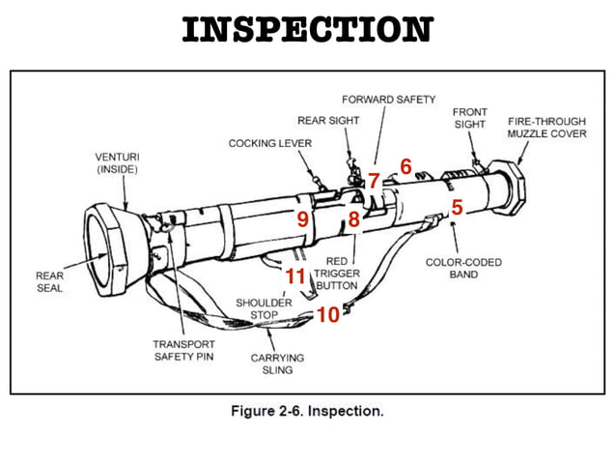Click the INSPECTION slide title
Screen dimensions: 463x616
tap(307, 29)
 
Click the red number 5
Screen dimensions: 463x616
tap(457, 207)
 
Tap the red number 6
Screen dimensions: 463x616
tap(406, 167)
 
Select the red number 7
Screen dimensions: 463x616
tap(374, 181)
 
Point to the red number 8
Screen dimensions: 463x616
tap(354, 219)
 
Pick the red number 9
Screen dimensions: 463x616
tap(302, 219)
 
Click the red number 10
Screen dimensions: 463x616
tap(328, 315)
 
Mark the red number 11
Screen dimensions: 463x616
tap(295, 277)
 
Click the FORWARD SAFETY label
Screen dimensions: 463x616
tap(389, 100)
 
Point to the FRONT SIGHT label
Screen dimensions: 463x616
tap(469, 119)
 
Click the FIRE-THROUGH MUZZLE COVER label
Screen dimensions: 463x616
tap(546, 127)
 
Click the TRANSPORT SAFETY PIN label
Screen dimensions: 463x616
tap(182, 350)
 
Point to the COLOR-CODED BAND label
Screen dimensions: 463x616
tap(463, 268)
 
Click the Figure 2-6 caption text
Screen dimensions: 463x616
tap(307, 411)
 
